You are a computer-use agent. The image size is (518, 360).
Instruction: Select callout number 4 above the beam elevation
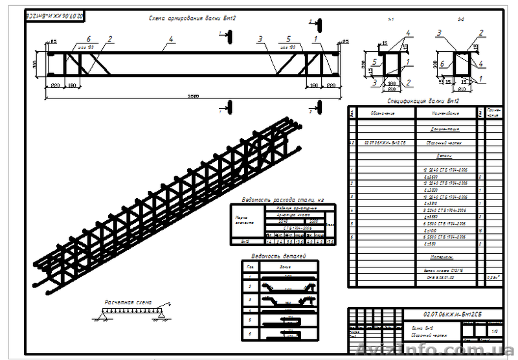171,39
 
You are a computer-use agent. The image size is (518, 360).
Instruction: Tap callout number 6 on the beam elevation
89,39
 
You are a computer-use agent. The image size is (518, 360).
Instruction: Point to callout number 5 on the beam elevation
288,39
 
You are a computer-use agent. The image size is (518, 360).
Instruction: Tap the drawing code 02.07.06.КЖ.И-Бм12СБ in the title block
448,314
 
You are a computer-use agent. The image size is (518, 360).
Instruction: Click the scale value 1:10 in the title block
495,331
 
